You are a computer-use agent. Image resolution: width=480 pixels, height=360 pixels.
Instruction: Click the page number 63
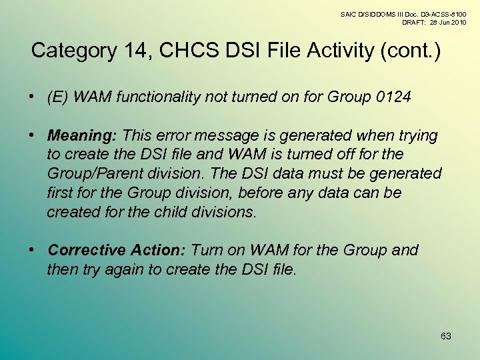[x=446, y=336]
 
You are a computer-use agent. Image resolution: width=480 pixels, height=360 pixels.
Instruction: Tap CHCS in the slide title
[x=185, y=51]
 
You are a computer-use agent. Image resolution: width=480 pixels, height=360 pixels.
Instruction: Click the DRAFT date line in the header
[x=433, y=22]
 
